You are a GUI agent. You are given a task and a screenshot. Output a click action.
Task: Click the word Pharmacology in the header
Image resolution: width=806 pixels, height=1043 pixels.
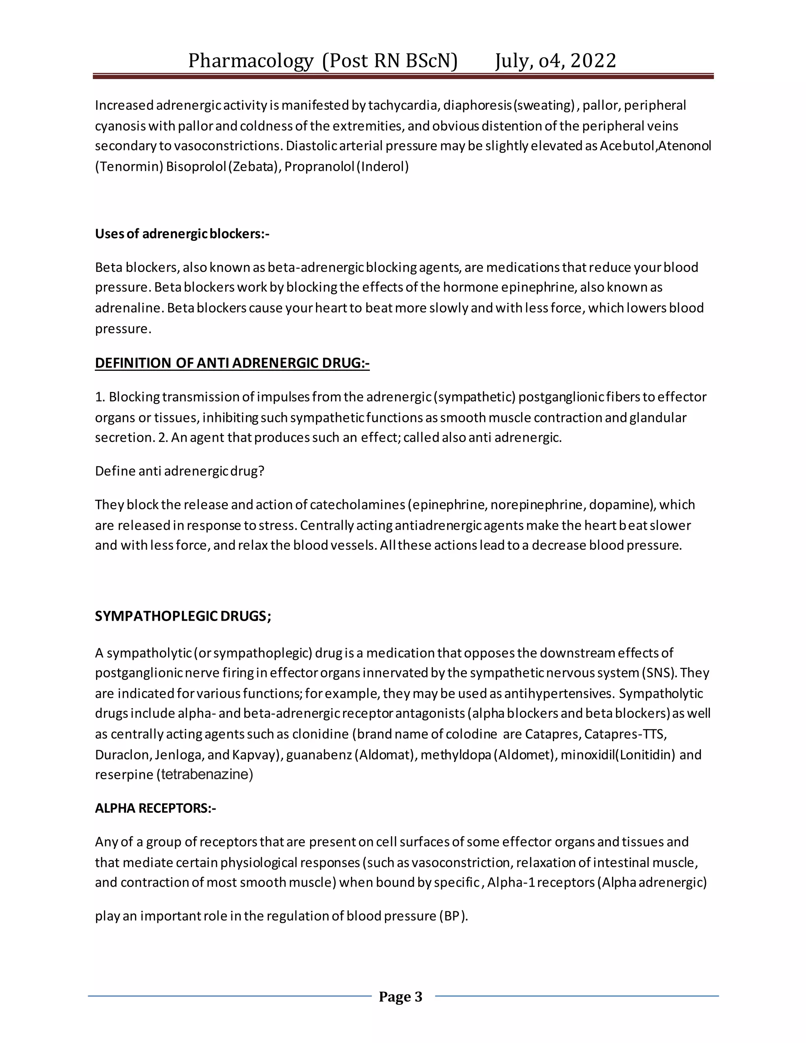click(x=250, y=61)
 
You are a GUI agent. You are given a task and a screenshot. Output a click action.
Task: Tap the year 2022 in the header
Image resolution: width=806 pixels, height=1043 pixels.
click(x=593, y=61)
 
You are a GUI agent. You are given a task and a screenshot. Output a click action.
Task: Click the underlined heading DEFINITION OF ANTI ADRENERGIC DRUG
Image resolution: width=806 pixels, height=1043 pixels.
click(x=232, y=363)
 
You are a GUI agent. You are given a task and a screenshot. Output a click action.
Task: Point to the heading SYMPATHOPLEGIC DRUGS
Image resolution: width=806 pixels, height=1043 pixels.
click(x=183, y=616)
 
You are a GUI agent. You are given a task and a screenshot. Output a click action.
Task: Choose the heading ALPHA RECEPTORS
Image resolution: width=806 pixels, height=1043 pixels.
click(x=155, y=808)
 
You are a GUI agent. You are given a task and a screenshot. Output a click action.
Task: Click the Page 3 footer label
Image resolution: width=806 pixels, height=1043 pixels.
click(x=400, y=997)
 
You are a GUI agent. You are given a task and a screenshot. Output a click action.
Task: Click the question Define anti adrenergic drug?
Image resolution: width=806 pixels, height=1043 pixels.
click(x=179, y=472)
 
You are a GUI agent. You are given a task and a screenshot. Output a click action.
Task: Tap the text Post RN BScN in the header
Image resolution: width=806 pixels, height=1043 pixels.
click(x=390, y=61)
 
